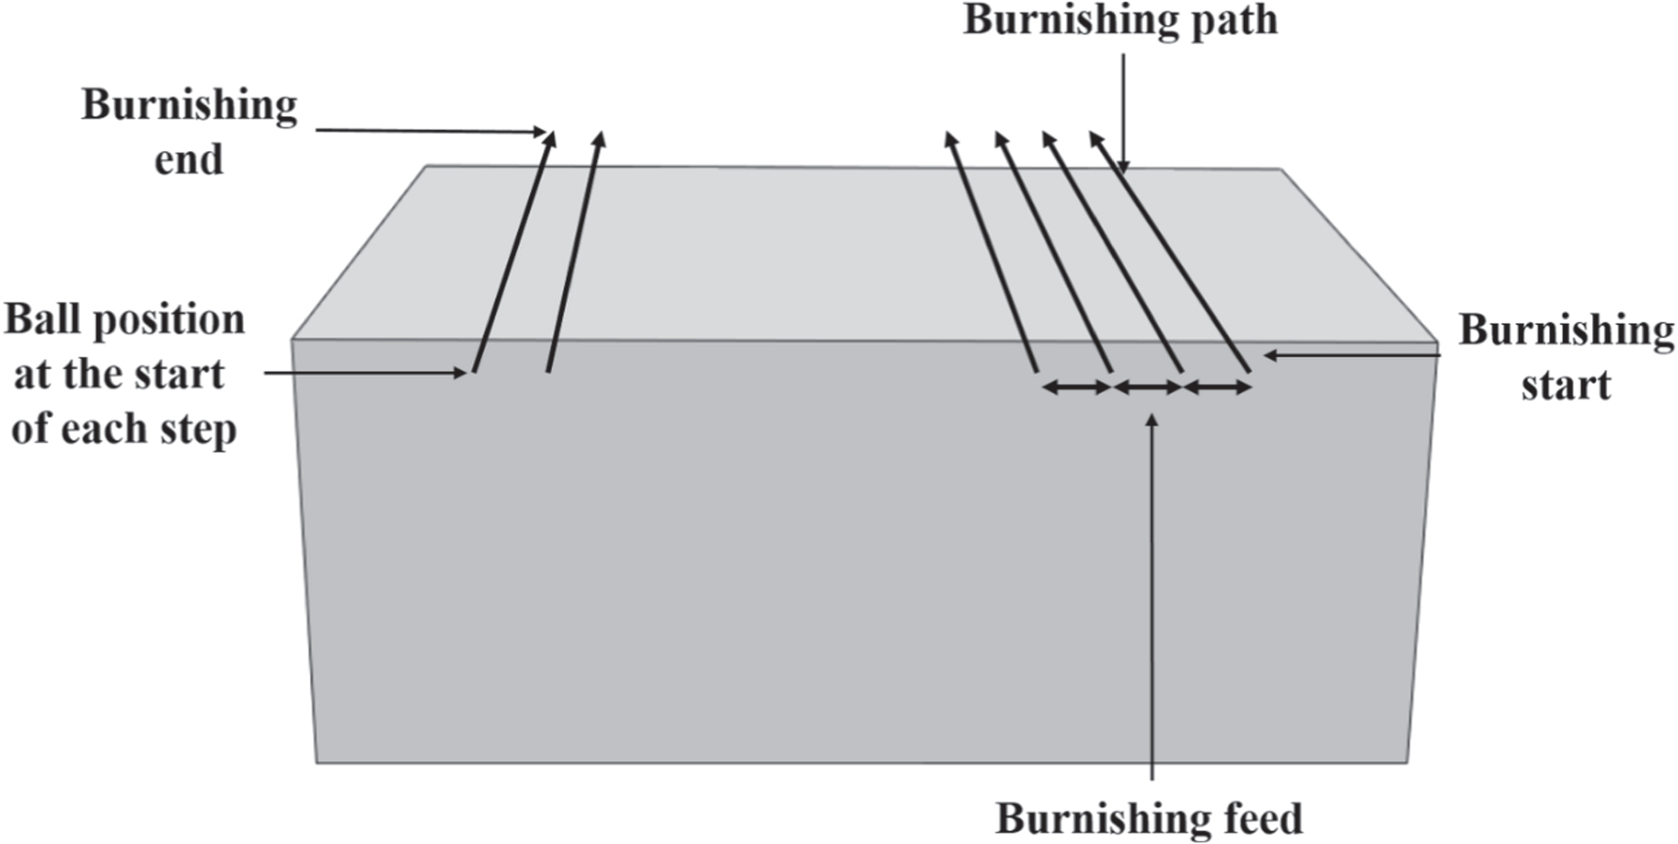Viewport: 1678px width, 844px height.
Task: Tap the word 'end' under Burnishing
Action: pyautogui.click(x=188, y=159)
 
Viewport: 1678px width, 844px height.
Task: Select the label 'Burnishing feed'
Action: pyautogui.click(x=1148, y=818)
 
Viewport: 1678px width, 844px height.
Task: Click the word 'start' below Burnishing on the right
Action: pyautogui.click(x=1565, y=384)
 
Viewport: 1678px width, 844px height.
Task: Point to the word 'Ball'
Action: pyautogui.click(x=42, y=320)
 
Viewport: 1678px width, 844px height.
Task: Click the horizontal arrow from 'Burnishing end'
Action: pyautogui.click(x=429, y=131)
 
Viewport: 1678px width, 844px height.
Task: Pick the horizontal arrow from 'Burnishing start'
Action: pyautogui.click(x=1351, y=355)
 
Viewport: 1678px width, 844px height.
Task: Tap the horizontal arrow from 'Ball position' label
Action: pyautogui.click(x=365, y=372)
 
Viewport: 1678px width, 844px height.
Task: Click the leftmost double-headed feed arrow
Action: pyautogui.click(x=1076, y=387)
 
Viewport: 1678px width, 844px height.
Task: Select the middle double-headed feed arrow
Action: pyautogui.click(x=1148, y=387)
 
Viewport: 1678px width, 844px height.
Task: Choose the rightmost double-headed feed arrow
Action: pyautogui.click(x=1218, y=387)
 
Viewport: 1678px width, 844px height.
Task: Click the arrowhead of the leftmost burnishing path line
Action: pyautogui.click(x=551, y=139)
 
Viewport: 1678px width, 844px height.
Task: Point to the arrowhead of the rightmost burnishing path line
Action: pyautogui.click(x=1095, y=139)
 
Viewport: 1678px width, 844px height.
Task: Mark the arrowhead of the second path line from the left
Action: pyautogui.click(x=600, y=139)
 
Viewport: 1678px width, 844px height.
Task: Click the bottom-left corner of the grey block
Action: pyautogui.click(x=316, y=762)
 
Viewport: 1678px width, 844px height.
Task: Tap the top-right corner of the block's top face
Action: pyautogui.click(x=1280, y=169)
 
